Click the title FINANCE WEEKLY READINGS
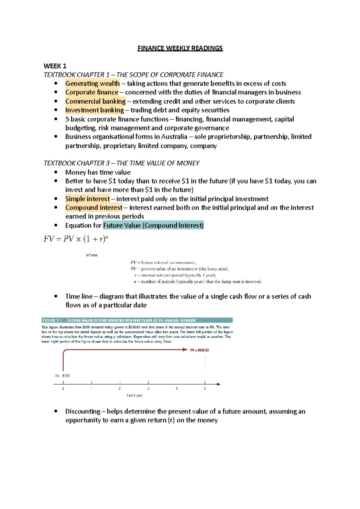click(x=180, y=48)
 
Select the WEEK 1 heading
click(x=55, y=66)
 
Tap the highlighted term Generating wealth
click(x=92, y=83)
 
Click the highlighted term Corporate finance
click(x=92, y=92)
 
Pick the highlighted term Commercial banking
click(x=95, y=101)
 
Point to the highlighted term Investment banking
click(x=94, y=110)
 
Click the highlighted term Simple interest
click(x=88, y=199)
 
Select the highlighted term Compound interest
click(x=94, y=207)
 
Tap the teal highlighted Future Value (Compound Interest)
click(x=153, y=225)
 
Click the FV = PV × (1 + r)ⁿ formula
click(x=76, y=239)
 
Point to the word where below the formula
click(x=91, y=255)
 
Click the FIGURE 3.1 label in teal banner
click(x=52, y=320)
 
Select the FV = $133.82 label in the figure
click(x=199, y=350)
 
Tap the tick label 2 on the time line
click(x=120, y=388)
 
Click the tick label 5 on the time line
click(x=205, y=388)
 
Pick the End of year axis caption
click(x=135, y=396)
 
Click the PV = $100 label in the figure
click(x=62, y=376)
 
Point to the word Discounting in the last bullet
click(x=83, y=411)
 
